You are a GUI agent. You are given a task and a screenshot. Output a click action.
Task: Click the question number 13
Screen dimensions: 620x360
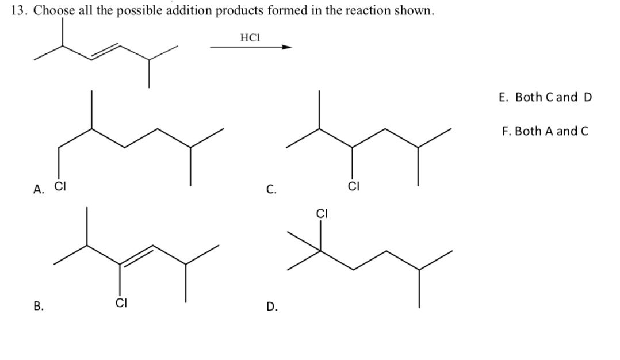19,12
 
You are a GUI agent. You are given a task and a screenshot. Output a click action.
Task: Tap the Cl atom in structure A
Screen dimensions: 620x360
60,186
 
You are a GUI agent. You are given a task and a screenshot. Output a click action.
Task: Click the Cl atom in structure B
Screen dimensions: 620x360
120,302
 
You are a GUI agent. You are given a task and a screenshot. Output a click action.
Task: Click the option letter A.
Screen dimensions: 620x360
39,188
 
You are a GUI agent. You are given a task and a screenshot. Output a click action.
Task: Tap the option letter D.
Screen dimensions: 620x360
271,307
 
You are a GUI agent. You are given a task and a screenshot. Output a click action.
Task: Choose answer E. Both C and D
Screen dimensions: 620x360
545,97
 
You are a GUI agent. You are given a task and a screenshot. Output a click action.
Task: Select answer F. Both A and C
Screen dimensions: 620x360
545,131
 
